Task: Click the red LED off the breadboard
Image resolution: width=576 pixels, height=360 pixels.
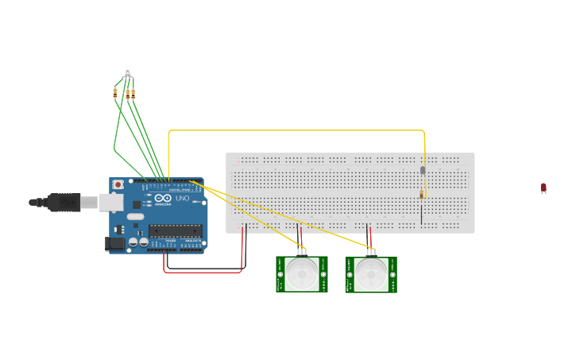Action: (x=543, y=188)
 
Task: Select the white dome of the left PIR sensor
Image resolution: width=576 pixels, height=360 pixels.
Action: (x=301, y=274)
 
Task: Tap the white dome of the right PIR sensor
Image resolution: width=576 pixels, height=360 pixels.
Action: (x=371, y=274)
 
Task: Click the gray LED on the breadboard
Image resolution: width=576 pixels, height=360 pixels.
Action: (x=423, y=170)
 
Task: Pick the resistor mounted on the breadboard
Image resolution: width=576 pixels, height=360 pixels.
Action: (x=421, y=195)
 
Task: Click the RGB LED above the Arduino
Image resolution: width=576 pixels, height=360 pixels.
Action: (x=127, y=72)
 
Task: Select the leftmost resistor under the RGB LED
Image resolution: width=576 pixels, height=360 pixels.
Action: (x=115, y=93)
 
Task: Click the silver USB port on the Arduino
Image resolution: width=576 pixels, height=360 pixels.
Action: (x=110, y=203)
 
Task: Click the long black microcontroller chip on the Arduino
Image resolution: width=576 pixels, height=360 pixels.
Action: (x=175, y=231)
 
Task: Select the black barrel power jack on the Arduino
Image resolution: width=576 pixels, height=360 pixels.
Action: (x=116, y=245)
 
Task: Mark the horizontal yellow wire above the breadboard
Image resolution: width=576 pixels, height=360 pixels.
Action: (x=294, y=130)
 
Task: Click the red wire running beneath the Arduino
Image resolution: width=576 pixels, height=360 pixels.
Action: (x=203, y=272)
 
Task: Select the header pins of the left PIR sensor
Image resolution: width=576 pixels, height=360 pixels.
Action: (x=301, y=252)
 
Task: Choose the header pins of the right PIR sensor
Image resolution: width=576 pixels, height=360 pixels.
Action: (x=371, y=252)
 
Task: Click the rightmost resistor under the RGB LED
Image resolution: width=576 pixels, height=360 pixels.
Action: (x=133, y=93)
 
